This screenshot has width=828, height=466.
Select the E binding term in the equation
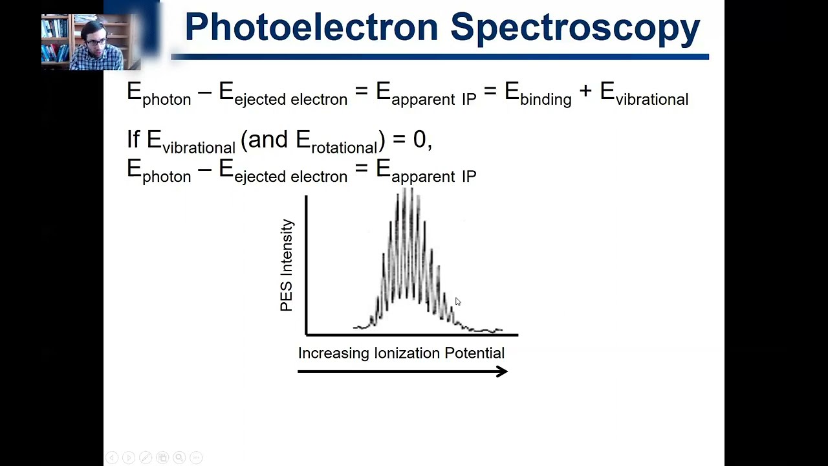point(538,93)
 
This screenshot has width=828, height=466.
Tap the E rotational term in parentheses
point(336,141)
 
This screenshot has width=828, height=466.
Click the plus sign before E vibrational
point(585,92)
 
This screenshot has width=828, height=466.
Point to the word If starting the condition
point(133,139)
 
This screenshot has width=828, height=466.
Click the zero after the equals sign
point(419,139)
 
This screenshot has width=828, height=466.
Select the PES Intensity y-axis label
point(287,265)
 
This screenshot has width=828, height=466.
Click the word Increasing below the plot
point(333,353)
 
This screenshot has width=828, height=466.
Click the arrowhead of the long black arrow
point(502,372)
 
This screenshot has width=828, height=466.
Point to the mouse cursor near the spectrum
point(457,301)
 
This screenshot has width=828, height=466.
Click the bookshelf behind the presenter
point(54,39)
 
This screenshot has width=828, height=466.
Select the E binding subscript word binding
point(546,100)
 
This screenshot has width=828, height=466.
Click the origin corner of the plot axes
point(307,335)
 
